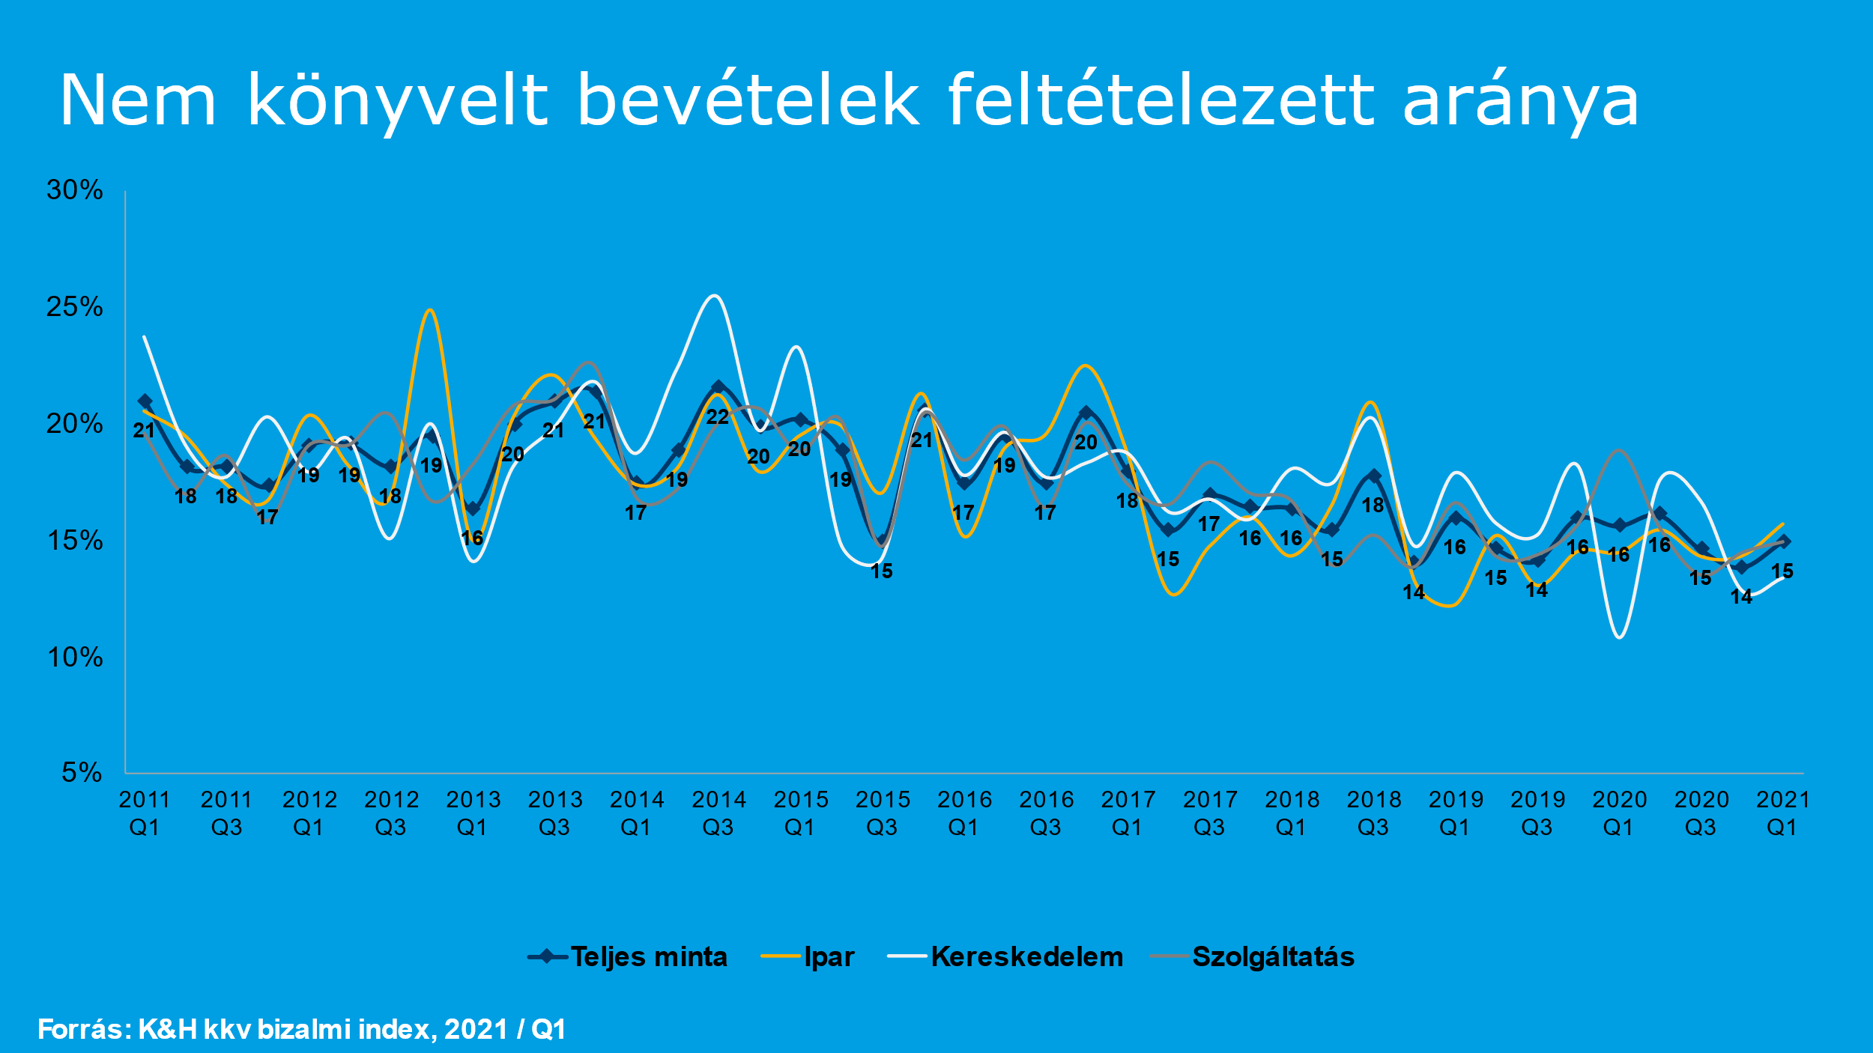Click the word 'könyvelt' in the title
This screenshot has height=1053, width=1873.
point(398,101)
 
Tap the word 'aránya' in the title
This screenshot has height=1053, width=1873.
point(1520,101)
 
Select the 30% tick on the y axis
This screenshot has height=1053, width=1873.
point(74,190)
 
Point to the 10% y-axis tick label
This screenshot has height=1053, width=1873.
point(74,658)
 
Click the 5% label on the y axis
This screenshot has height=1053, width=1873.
point(81,772)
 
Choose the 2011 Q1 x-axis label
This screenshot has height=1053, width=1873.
point(145,813)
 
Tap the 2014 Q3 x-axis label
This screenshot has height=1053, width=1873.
point(718,813)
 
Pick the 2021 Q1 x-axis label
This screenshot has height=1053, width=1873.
point(1782,813)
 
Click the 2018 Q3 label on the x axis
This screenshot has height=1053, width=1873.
point(1373,813)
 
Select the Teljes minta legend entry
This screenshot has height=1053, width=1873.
point(648,957)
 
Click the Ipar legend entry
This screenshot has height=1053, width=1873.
point(829,957)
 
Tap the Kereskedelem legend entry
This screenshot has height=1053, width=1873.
point(1026,957)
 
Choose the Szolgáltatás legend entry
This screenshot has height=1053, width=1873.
point(1273,957)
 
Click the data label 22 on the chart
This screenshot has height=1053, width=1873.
point(718,417)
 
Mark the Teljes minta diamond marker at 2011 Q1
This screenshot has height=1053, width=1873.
point(145,401)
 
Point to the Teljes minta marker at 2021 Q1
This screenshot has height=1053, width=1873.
point(1784,541)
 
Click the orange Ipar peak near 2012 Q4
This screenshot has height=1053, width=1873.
point(429,310)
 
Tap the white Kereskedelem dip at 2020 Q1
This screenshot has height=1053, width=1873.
point(1620,637)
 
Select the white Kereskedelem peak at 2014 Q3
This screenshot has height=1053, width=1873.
point(715,296)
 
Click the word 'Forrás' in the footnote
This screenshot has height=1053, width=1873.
point(82,1030)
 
